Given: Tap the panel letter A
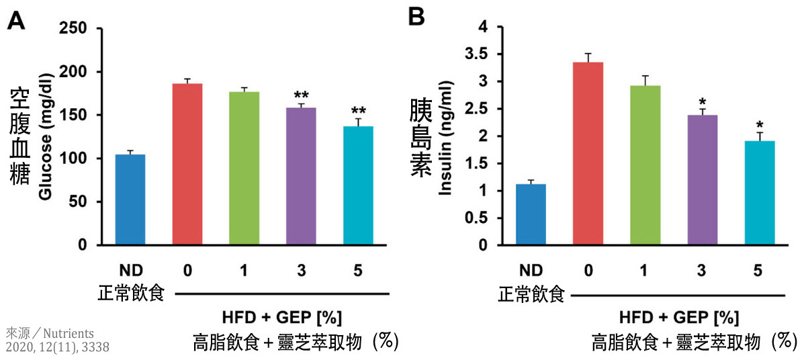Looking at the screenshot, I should coord(17,20).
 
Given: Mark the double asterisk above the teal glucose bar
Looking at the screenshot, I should coord(359,111).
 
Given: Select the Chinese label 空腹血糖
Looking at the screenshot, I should coord(19,137).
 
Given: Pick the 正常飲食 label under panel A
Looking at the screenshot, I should coord(131,294).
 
